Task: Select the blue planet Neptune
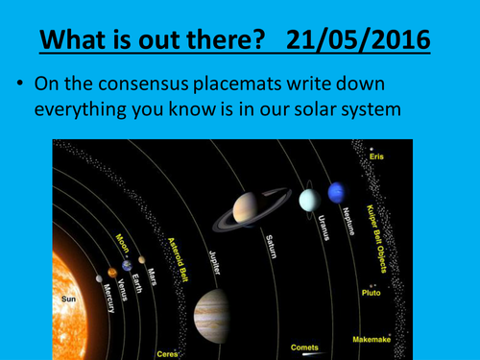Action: click(336, 194)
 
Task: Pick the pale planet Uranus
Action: click(308, 200)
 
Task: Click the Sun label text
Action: click(68, 300)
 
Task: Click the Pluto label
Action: click(372, 291)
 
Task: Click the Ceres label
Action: click(167, 352)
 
